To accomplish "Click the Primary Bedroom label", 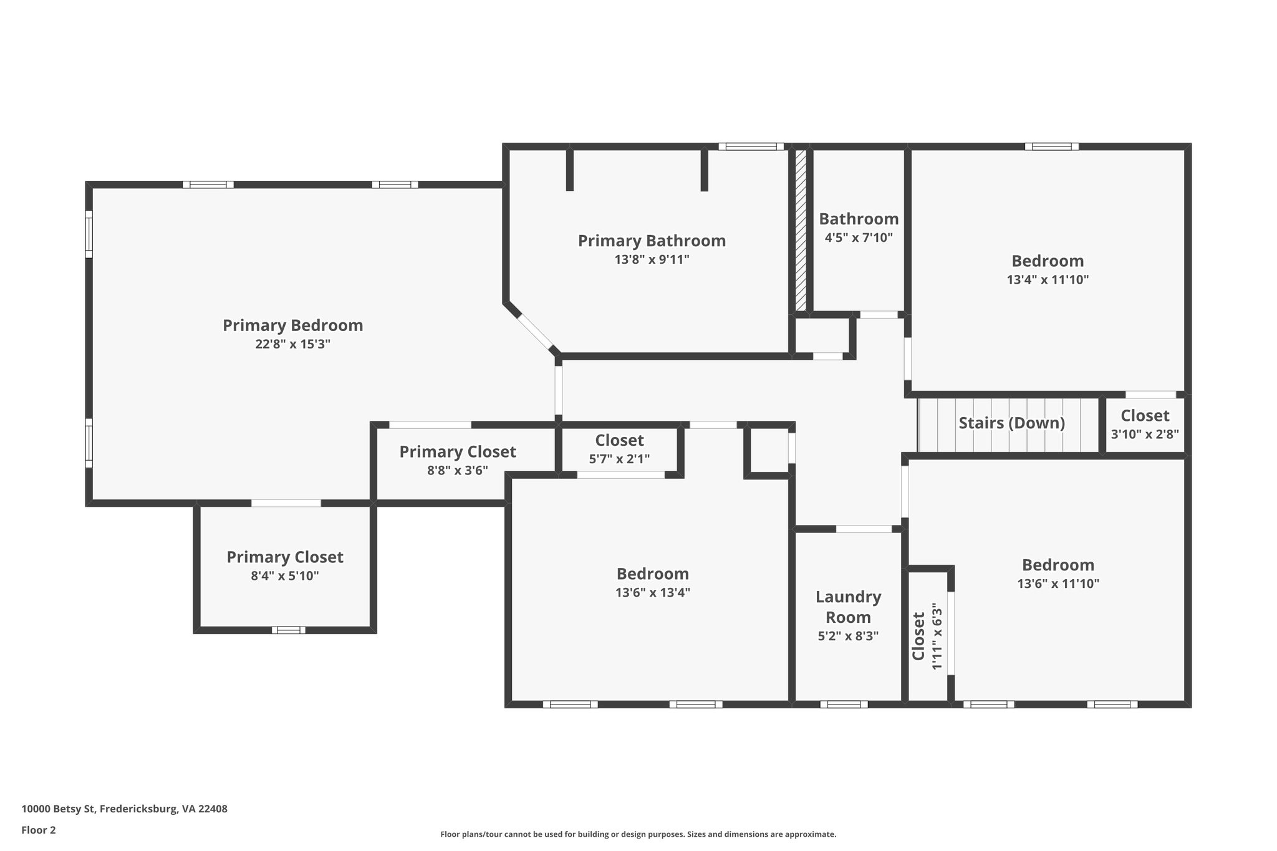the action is click(293, 325).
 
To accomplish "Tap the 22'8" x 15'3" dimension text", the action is click(293, 344).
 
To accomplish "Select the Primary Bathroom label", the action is click(652, 241).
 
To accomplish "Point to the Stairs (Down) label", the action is click(1011, 423).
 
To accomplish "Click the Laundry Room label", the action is click(849, 607).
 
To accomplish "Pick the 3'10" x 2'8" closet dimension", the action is click(1145, 434).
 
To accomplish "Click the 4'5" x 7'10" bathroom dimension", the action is click(859, 238).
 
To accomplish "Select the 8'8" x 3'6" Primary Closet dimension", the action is click(458, 470).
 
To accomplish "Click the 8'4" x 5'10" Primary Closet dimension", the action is click(285, 575).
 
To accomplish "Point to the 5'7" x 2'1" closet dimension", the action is click(619, 459).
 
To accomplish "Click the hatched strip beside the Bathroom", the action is click(801, 230).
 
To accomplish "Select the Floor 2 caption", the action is click(39, 830).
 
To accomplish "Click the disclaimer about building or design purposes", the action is click(638, 834).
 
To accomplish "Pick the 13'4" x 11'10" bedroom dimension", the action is click(1048, 279).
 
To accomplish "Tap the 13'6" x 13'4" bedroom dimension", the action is click(653, 592).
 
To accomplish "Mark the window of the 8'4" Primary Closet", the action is click(289, 630).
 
